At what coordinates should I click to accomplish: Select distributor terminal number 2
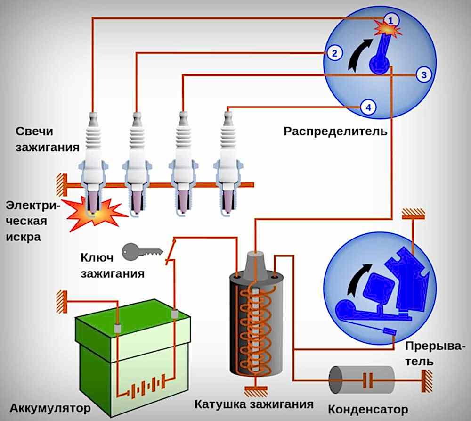point(334,53)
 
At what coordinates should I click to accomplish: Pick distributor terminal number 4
point(368,107)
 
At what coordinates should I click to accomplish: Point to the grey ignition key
point(142,252)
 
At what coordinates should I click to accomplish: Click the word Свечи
point(34,131)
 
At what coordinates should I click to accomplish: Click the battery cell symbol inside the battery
point(146,390)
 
